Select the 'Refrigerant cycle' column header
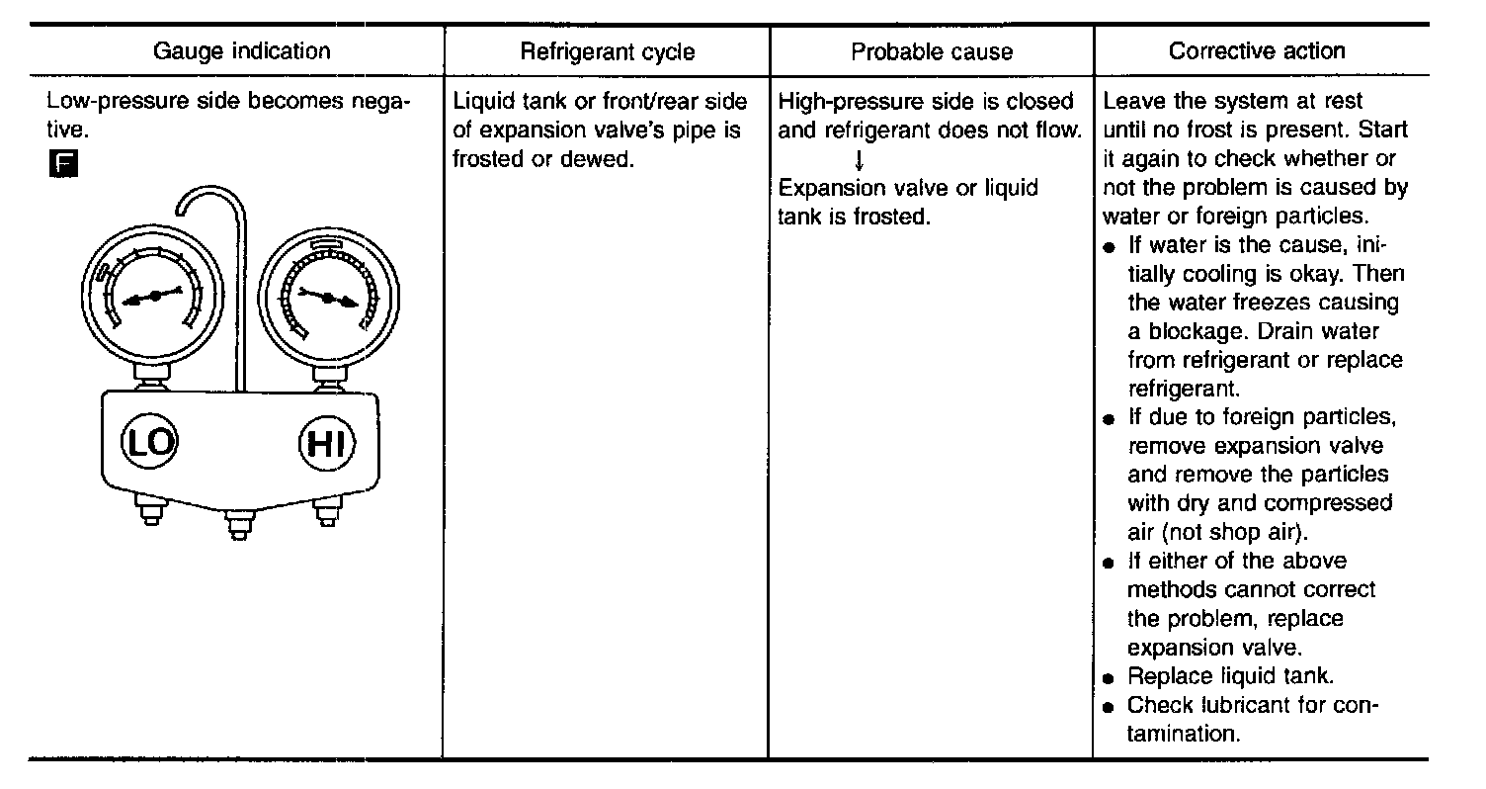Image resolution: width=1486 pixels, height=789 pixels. (608, 52)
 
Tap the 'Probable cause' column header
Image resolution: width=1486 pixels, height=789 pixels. (932, 52)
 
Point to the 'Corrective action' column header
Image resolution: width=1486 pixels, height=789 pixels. (1257, 51)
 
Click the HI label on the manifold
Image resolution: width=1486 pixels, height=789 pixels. (326, 444)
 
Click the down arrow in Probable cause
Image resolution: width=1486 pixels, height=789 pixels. (860, 158)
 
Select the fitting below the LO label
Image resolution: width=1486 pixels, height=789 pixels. (150, 513)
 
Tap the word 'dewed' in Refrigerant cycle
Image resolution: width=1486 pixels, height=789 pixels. (599, 158)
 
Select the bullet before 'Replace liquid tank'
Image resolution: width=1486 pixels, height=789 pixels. (1111, 679)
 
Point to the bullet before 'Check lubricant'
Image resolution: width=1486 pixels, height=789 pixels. (1111, 707)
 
